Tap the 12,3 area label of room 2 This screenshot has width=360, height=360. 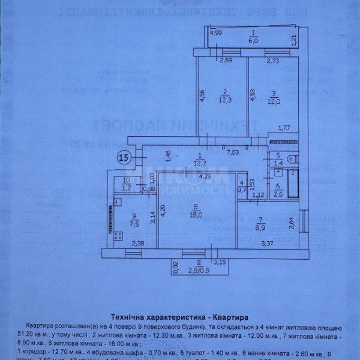[x=223, y=100]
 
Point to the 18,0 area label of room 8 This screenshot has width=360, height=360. [x=196, y=214]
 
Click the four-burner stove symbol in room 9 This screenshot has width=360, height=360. [x=112, y=214]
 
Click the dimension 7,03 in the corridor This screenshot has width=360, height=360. [x=232, y=152]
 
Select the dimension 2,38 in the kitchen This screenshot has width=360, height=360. [x=138, y=244]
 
